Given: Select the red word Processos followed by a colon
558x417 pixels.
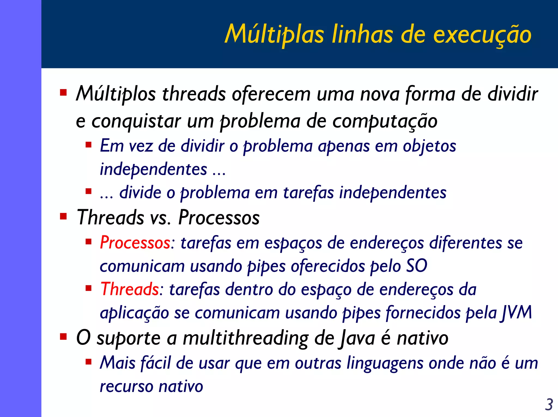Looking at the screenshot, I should [135, 242].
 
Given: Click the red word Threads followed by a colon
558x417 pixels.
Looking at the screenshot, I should [130, 289].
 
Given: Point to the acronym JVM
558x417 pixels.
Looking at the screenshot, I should [516, 312].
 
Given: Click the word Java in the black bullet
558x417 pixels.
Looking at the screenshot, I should [357, 338].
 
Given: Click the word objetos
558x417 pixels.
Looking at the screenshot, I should [429, 146].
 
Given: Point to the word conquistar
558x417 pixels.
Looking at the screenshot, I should [136, 121].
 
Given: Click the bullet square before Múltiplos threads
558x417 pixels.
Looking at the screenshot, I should [63, 93].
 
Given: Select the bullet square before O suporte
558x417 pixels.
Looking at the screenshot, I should [63, 337].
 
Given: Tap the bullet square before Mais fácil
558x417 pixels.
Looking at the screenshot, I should [88, 362].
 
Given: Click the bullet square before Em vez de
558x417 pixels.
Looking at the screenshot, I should [88, 144].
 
